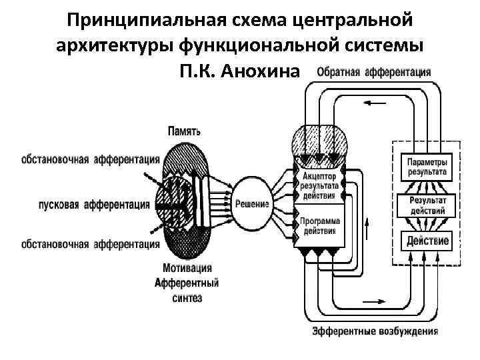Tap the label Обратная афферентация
(373, 72)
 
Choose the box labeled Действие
(425, 241)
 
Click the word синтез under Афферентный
(187, 299)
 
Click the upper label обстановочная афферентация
(91, 159)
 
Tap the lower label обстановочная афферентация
(91, 245)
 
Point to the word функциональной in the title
(265, 46)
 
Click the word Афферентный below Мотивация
(187, 284)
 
